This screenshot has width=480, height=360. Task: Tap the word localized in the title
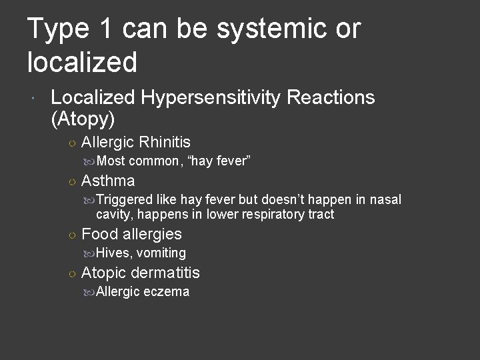click(82, 62)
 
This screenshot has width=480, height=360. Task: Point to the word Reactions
click(331, 99)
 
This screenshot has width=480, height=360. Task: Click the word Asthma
click(108, 181)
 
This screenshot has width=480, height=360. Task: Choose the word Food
click(99, 234)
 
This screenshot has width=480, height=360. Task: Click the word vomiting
click(161, 253)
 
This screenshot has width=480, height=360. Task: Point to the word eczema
click(167, 292)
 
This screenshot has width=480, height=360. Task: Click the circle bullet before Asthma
click(71, 181)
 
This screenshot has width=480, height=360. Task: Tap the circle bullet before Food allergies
click(71, 235)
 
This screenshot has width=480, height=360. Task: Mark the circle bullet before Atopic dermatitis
click(71, 273)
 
